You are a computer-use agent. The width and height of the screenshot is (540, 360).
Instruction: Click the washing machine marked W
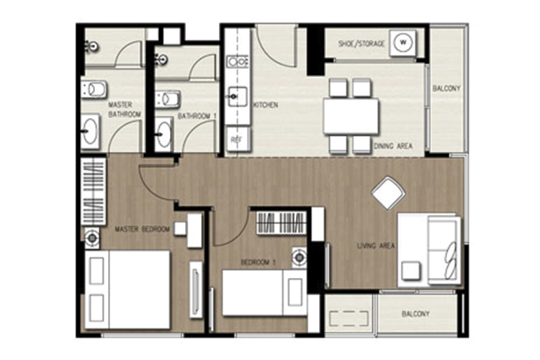402,43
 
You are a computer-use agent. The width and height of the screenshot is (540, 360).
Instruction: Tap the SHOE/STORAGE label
361,44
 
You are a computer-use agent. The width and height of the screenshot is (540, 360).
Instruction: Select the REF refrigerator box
238,139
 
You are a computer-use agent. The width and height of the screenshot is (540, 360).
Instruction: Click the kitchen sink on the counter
237,96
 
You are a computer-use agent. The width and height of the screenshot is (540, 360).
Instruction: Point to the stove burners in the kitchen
238,62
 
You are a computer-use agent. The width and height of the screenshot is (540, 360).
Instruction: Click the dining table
351,116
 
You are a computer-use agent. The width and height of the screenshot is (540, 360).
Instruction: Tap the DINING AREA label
393,146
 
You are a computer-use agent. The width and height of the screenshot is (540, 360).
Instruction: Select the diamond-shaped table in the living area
388,193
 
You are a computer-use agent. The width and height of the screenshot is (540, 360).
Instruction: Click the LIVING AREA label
376,246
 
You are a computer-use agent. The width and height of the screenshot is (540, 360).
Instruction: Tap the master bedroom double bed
127,289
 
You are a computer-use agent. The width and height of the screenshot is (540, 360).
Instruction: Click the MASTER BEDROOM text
143,229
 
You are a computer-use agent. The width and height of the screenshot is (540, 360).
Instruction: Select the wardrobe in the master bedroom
93,192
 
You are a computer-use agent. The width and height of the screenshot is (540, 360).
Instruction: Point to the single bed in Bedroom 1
264,292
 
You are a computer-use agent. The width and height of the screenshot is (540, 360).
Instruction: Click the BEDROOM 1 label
258,263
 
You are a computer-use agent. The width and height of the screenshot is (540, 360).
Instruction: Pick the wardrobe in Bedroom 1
282,222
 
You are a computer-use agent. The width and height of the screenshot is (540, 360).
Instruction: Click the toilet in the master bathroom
94,89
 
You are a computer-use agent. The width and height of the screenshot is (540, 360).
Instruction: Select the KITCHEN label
266,105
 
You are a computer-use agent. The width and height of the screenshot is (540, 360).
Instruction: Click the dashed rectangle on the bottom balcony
348,318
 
